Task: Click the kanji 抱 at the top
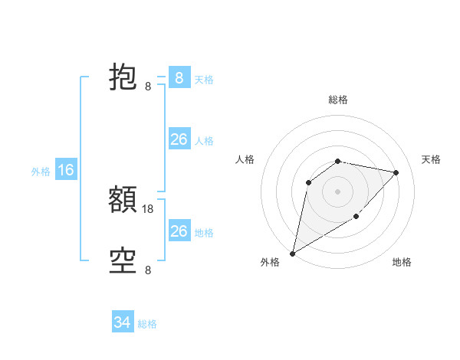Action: (123, 78)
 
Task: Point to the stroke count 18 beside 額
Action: (148, 208)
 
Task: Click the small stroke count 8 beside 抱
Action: (148, 86)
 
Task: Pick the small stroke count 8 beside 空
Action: (148, 270)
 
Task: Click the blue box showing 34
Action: (123, 322)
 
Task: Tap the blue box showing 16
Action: (66, 170)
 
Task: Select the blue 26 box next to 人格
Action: (179, 139)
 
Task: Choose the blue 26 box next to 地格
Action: (179, 231)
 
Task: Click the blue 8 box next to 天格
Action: (179, 77)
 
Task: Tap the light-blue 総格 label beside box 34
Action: (147, 324)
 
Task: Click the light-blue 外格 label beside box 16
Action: (41, 172)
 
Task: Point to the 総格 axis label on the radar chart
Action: (338, 100)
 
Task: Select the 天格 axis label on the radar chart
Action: (432, 159)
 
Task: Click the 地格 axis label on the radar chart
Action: (402, 263)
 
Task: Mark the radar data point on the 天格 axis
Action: (396, 172)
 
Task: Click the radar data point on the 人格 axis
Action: (309, 182)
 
